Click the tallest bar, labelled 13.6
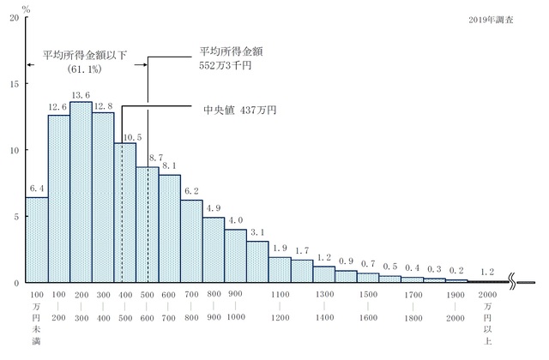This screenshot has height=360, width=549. [x=81, y=193]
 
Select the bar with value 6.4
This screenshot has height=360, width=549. [x=37, y=240]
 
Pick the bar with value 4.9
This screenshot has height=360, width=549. [x=213, y=249]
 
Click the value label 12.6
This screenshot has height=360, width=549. [x=58, y=107]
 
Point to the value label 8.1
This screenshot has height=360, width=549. [x=169, y=166]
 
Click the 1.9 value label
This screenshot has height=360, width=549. [x=280, y=249]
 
